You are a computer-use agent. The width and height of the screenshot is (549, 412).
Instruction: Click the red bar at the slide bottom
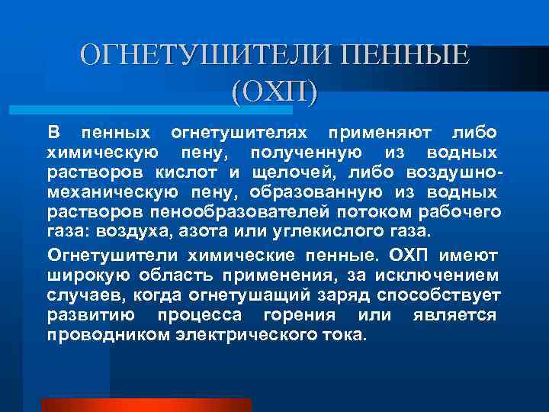click(146, 404)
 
